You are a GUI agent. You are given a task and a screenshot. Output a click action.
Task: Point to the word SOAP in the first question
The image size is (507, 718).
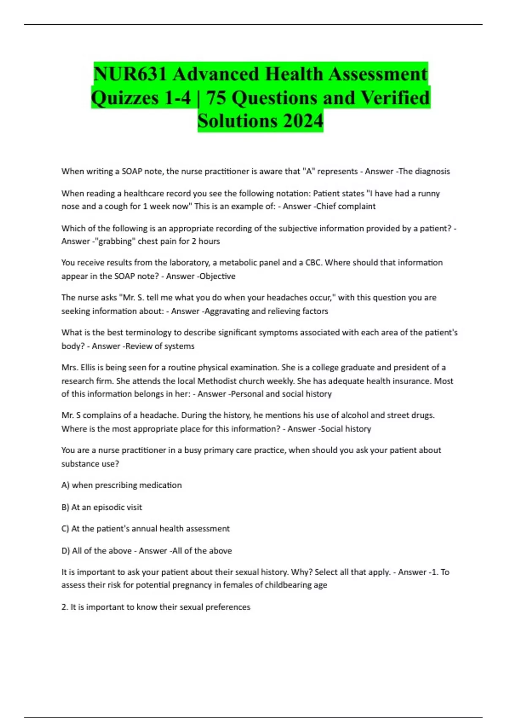[132, 171]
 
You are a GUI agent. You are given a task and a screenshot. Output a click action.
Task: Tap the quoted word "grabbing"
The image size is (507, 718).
[113, 241]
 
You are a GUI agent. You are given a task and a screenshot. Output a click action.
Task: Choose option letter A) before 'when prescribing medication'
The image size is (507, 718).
[65, 485]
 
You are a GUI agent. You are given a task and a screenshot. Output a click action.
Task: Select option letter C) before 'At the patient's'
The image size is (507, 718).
[65, 529]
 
